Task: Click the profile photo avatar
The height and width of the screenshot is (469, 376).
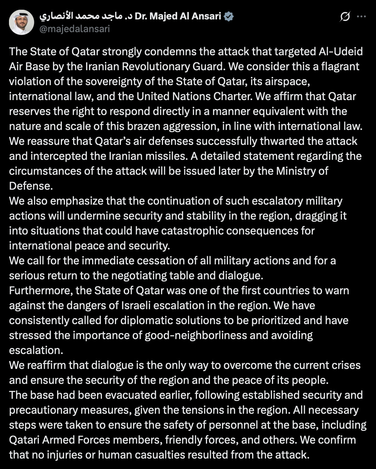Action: pos(22,22)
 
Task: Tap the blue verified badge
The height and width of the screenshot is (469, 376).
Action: pos(229,16)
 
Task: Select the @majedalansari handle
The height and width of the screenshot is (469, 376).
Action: pos(75,29)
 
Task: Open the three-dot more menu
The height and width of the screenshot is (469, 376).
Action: pos(361,17)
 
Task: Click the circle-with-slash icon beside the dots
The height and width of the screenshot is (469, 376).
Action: pos(345,17)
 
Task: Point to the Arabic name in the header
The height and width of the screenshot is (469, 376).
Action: pos(86,16)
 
